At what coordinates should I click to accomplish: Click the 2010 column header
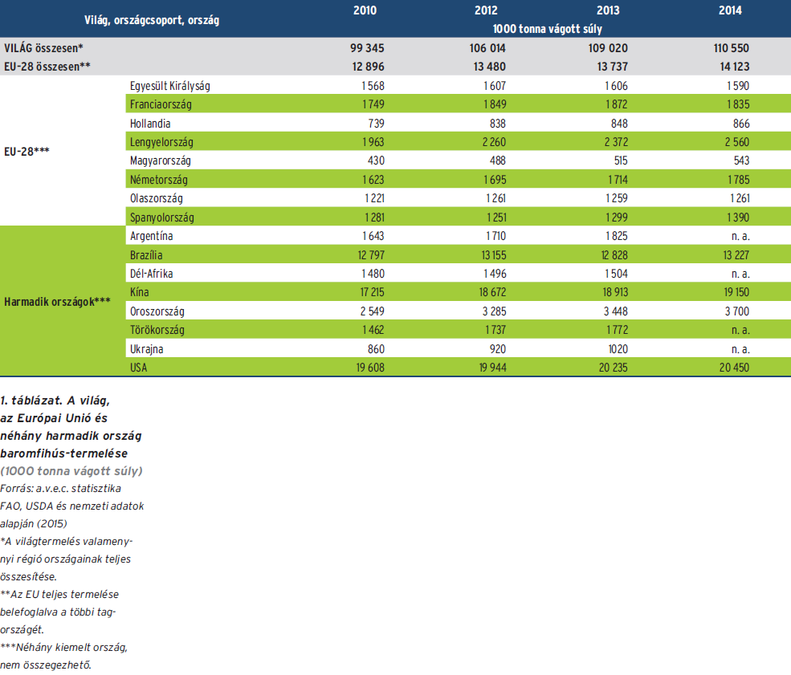coord(365,10)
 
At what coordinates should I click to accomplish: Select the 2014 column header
coord(730,10)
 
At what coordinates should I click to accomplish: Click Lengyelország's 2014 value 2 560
coord(736,142)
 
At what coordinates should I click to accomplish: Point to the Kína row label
coord(139,292)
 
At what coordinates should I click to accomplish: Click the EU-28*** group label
coord(27,151)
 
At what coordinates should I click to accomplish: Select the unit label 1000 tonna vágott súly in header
coord(548,28)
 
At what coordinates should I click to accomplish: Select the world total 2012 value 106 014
coord(487,48)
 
